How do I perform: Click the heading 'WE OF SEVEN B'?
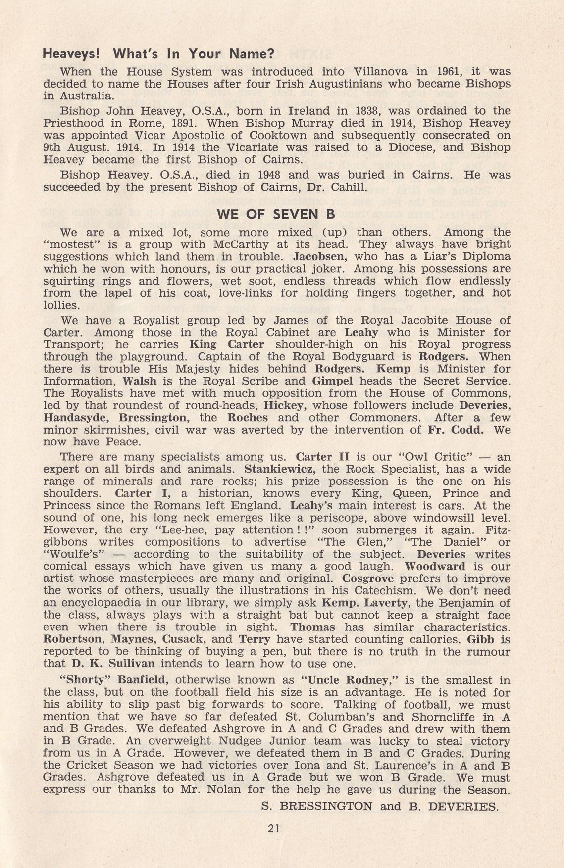276,214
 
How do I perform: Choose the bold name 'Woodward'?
435,566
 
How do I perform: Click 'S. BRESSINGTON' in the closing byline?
317,806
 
